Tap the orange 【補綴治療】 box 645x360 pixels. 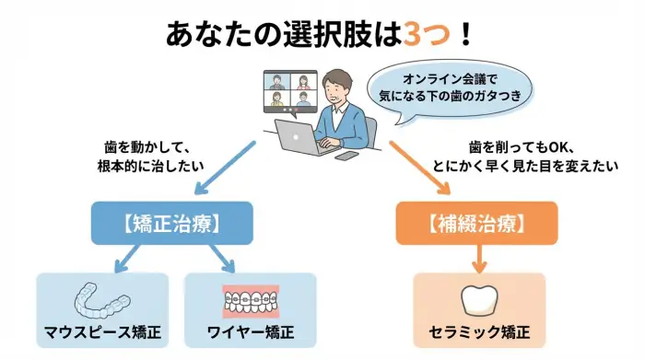click(x=476, y=223)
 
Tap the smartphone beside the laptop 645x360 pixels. click(x=346, y=156)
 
